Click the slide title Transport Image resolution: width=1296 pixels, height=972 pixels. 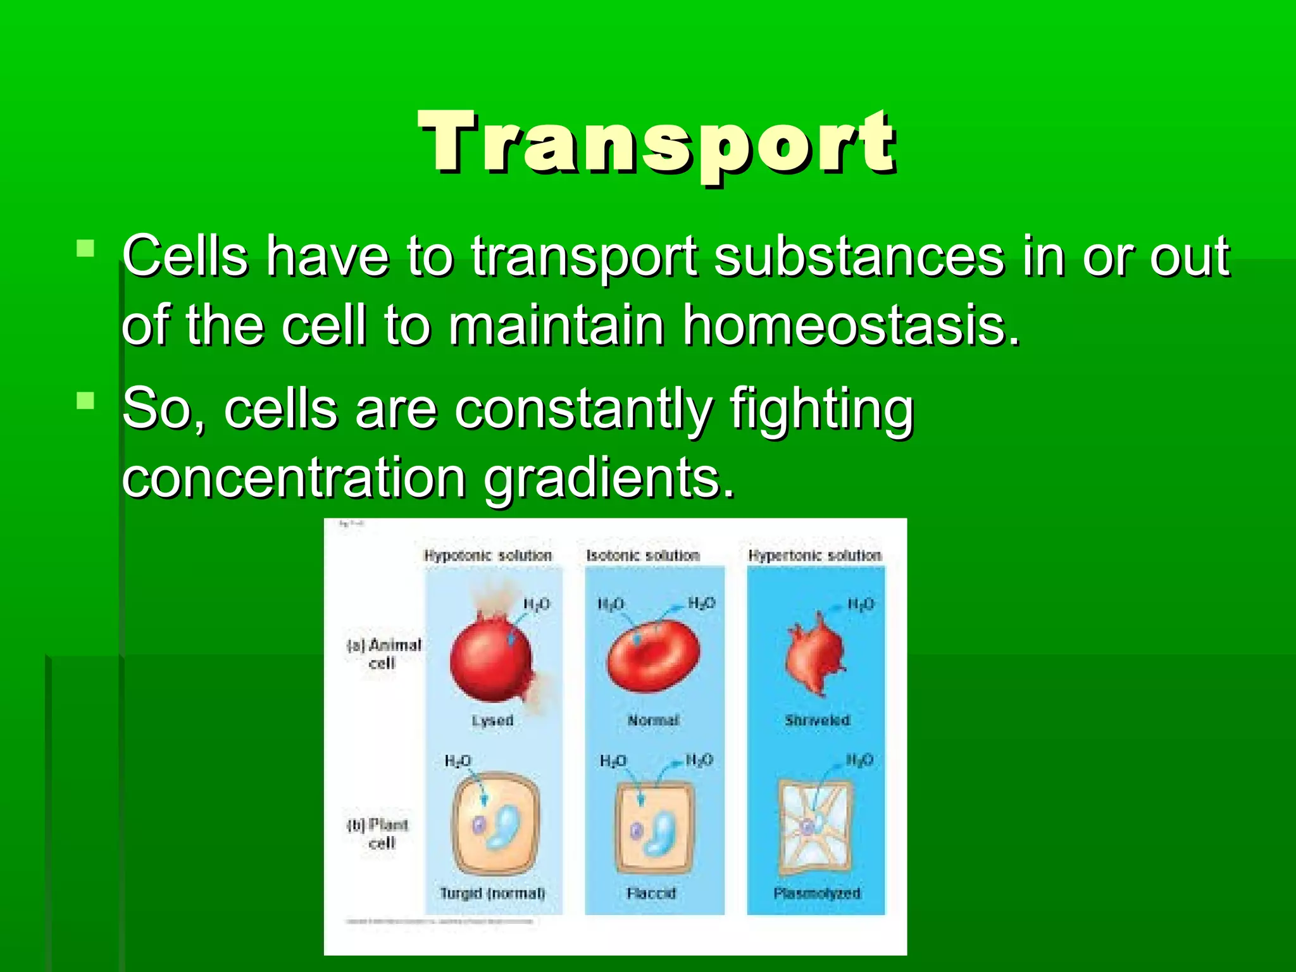click(658, 142)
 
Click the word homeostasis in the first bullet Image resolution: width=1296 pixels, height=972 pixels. click(851, 326)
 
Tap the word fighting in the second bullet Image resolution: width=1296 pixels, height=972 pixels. click(821, 410)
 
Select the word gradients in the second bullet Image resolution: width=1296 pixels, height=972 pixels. click(609, 479)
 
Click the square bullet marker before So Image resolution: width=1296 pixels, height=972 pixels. click(85, 401)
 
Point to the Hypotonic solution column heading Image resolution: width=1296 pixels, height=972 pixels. click(488, 556)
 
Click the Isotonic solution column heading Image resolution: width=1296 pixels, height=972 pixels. click(643, 556)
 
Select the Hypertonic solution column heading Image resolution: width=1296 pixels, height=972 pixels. click(814, 556)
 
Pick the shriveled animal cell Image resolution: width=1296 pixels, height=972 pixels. click(815, 655)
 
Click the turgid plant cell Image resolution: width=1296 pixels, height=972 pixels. click(495, 823)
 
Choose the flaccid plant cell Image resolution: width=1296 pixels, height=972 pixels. click(654, 826)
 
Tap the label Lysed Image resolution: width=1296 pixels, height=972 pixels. click(492, 721)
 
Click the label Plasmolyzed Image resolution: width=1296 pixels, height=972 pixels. click(817, 894)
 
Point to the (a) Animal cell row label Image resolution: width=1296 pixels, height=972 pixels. click(383, 654)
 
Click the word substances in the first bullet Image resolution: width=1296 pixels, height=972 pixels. click(859, 257)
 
